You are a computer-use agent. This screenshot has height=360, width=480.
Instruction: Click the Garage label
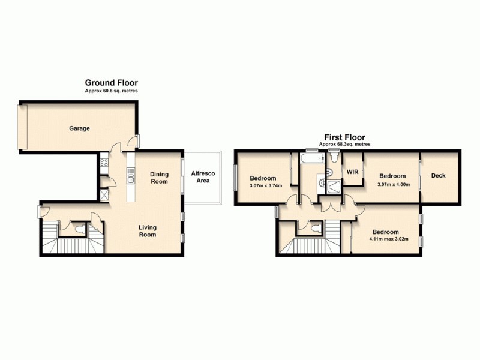tap(79, 128)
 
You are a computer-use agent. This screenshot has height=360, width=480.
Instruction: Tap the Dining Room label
tap(159, 178)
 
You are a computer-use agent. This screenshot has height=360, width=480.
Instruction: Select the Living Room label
tap(148, 231)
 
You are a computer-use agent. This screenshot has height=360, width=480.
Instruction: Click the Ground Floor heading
tap(112, 83)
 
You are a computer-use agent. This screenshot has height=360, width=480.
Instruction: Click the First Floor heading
tap(345, 137)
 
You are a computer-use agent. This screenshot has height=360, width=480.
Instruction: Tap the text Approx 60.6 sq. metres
tap(112, 91)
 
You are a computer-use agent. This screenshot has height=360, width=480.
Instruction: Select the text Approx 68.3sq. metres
tap(345, 145)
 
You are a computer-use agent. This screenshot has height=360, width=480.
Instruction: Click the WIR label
tap(352, 172)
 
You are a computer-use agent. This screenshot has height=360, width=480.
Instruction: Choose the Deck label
tap(439, 176)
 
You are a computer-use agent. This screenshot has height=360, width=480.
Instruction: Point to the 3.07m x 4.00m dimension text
tap(393, 184)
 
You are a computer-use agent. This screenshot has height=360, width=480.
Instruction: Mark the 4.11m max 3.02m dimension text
tap(385, 239)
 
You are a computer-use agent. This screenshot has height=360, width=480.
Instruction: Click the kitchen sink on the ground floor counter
tap(131, 178)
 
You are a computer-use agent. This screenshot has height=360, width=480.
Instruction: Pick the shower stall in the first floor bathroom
tap(334, 185)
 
